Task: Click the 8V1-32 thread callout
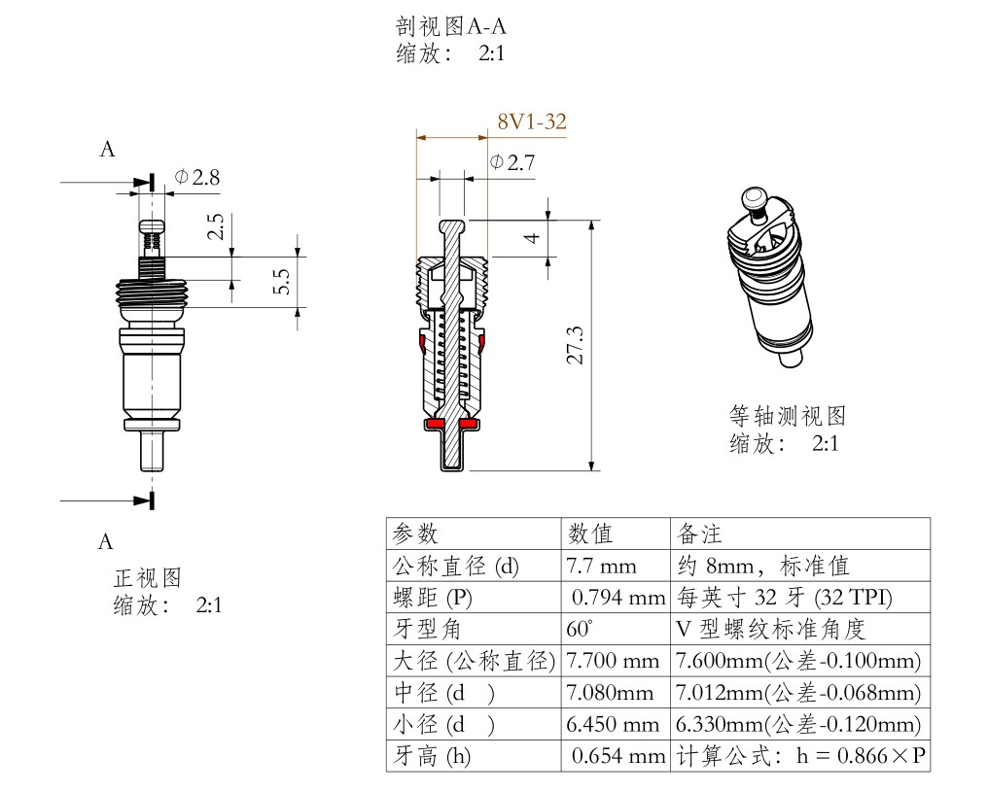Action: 531,122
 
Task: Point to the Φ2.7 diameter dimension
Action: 512,162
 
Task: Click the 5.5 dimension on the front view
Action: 282,283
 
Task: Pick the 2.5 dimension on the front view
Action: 216,227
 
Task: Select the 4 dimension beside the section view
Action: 532,237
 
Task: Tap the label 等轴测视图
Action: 788,416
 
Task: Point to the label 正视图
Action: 147,578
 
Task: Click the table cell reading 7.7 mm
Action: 601,566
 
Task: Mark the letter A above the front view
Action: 108,150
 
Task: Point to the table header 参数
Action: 415,534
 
